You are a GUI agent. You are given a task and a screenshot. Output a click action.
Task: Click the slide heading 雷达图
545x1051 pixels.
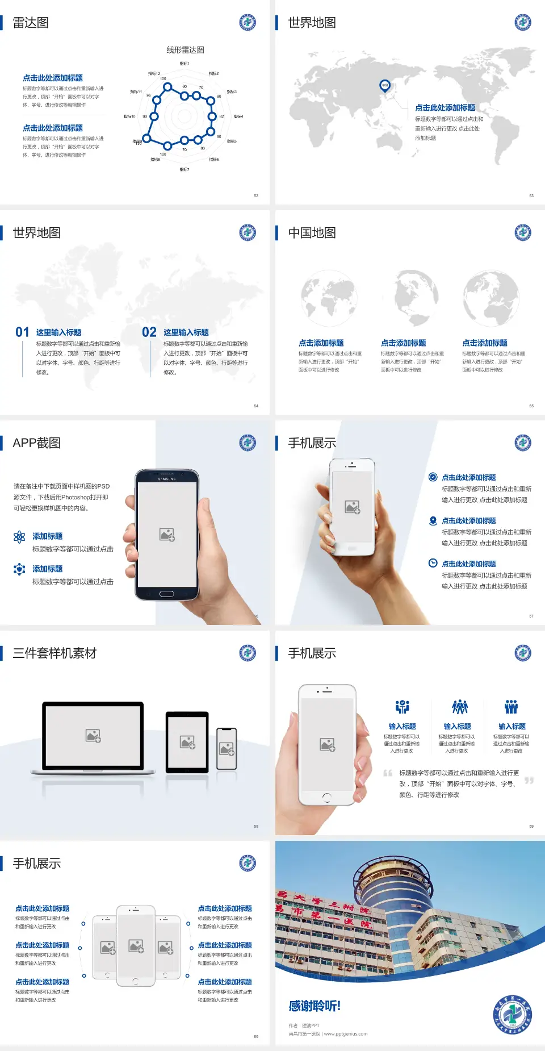(31, 23)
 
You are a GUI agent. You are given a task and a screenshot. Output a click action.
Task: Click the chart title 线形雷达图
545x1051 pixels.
(185, 50)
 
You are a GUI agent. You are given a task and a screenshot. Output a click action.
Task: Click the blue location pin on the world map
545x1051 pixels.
(384, 86)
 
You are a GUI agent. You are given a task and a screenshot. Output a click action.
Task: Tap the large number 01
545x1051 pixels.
(22, 332)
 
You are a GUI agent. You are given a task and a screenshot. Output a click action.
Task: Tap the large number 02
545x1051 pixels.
(149, 332)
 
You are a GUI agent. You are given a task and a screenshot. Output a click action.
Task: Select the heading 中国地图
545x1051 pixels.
(312, 233)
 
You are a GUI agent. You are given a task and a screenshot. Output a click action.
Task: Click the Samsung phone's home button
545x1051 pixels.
(166, 594)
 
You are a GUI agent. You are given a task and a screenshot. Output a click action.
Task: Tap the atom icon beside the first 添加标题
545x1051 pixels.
(19, 537)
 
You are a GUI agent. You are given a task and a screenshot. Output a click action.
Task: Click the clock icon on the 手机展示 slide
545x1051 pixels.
(433, 563)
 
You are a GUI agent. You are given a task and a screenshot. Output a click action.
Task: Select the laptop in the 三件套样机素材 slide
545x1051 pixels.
(93, 737)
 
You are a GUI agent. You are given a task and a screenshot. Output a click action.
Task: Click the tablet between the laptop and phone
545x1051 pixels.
(187, 741)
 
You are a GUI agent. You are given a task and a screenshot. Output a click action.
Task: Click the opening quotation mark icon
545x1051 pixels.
(388, 773)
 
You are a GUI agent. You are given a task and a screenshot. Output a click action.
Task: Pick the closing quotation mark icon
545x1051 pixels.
(529, 781)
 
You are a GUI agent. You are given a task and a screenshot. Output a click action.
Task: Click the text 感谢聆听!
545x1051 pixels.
(315, 1006)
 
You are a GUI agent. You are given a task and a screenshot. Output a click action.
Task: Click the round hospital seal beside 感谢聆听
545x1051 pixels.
(513, 1015)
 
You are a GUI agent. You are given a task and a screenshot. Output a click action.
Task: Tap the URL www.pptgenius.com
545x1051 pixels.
(346, 1034)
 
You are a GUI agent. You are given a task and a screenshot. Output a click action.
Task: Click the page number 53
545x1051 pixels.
(531, 195)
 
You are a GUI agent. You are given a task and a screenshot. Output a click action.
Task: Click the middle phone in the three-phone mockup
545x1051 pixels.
(136, 945)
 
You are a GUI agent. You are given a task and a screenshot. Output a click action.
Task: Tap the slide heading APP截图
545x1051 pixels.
(36, 443)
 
